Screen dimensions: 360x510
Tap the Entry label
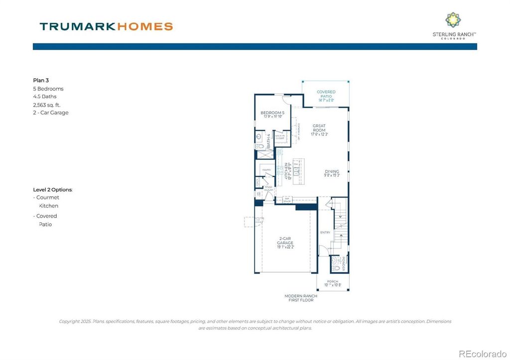point(325,233)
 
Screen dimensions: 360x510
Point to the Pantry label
point(266,170)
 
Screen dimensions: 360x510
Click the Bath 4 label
point(268,140)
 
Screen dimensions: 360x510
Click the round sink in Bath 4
point(259,136)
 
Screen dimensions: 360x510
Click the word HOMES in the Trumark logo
point(145,26)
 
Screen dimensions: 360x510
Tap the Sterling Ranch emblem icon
point(453,20)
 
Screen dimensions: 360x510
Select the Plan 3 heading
point(41,80)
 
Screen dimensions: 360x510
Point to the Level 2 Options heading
point(53,190)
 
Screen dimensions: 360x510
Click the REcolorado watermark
point(482,354)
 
